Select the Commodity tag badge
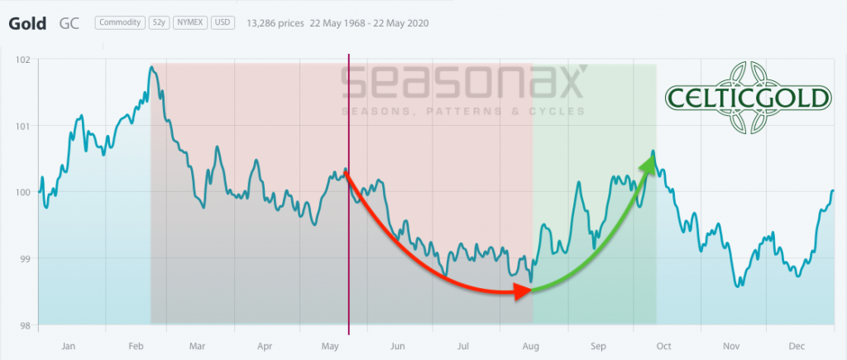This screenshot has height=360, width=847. tap(120, 22)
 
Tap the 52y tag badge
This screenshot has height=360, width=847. tap(160, 22)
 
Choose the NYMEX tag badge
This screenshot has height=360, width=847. tap(191, 22)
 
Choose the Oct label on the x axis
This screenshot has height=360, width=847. tap(663, 345)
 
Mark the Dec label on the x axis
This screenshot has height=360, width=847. tap(795, 345)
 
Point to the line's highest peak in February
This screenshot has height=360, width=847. tap(151, 67)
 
